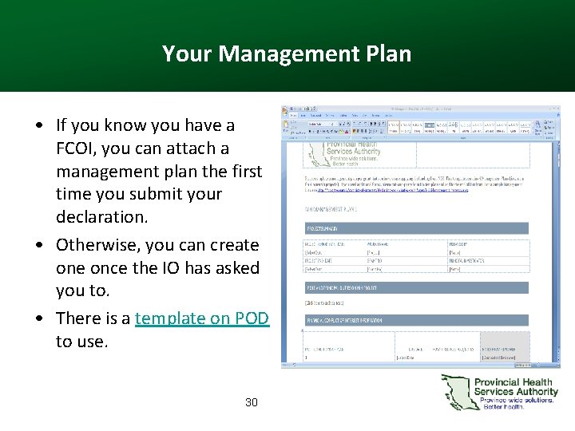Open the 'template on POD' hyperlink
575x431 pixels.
(202, 318)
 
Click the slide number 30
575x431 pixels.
(252, 402)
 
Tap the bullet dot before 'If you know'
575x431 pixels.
(38, 126)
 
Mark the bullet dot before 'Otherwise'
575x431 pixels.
(38, 246)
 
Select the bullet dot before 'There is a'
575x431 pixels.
(38, 319)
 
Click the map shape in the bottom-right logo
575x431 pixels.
(455, 392)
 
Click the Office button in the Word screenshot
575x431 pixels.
(287, 110)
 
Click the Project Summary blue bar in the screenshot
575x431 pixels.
(415, 228)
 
